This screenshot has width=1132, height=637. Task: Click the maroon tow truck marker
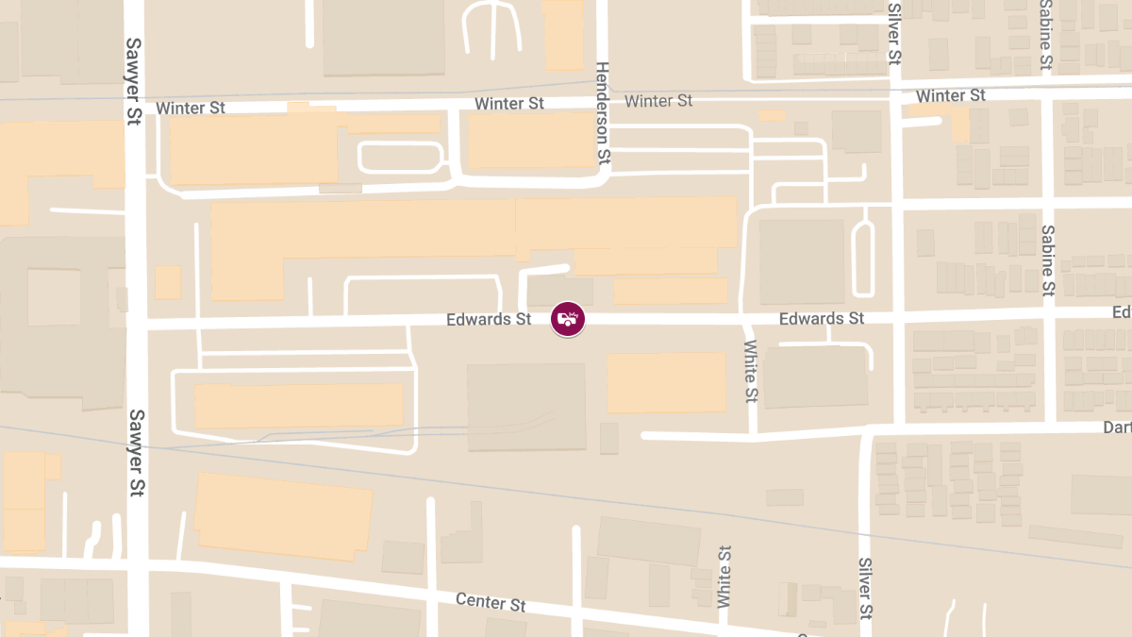pos(568,319)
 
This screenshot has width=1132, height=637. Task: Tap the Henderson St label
pos(603,115)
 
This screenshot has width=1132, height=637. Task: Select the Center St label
pos(491,601)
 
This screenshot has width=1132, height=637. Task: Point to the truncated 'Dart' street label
pos(1117,427)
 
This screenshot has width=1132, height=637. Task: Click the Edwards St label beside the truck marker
pos(489,320)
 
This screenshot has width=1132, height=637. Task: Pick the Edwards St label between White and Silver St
pos(821,319)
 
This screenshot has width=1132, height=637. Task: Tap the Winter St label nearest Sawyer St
pos(191,108)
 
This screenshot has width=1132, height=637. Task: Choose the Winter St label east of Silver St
pos(950,95)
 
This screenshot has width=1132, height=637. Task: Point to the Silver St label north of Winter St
pos(894,33)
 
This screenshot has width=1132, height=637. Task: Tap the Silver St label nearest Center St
pos(865,589)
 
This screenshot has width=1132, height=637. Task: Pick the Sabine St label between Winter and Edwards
pos(1047,259)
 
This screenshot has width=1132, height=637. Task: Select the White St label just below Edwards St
pos(751,370)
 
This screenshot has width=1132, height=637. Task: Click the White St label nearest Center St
pos(724,576)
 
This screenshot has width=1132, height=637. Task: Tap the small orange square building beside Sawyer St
pos(167,282)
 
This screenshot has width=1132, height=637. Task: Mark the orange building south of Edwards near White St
pos(666,382)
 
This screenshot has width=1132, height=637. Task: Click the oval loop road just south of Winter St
pos(401,158)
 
